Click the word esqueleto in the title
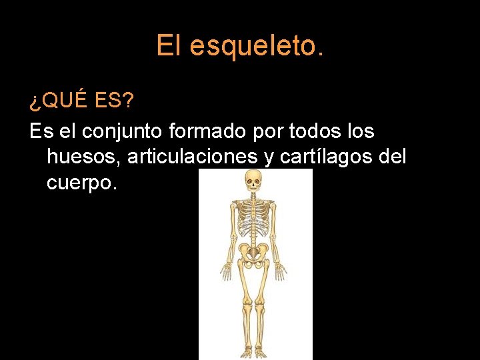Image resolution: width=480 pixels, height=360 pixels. click(x=256, y=47)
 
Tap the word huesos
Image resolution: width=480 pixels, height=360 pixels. click(x=83, y=157)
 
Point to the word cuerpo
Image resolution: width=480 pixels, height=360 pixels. click(x=82, y=183)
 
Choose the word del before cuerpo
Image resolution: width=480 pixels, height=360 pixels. click(x=391, y=157)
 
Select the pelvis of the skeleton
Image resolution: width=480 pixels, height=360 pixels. click(x=253, y=251)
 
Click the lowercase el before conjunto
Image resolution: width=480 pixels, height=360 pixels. click(x=67, y=131)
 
